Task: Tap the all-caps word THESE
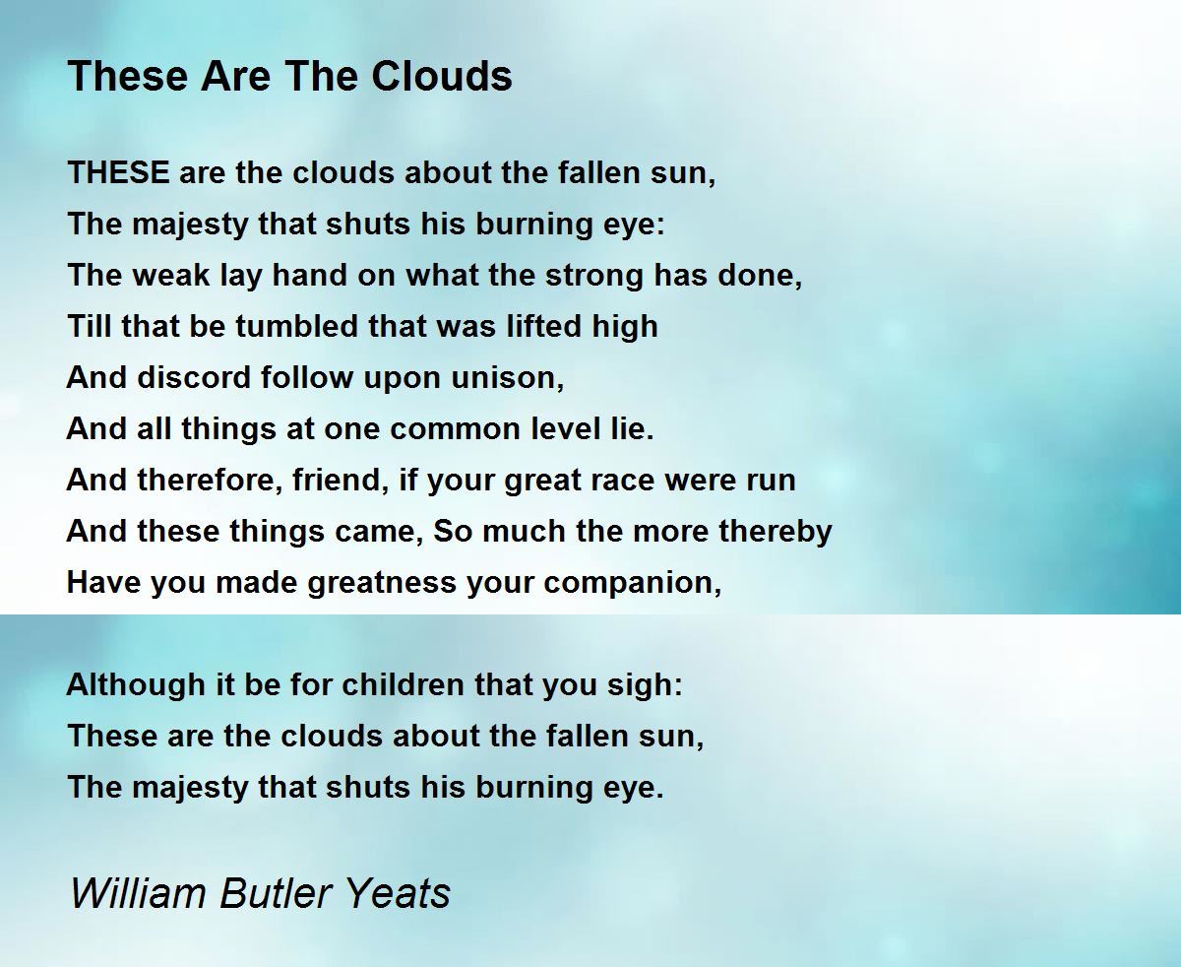(x=118, y=173)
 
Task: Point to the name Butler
(x=275, y=893)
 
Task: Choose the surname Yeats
(x=399, y=893)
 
